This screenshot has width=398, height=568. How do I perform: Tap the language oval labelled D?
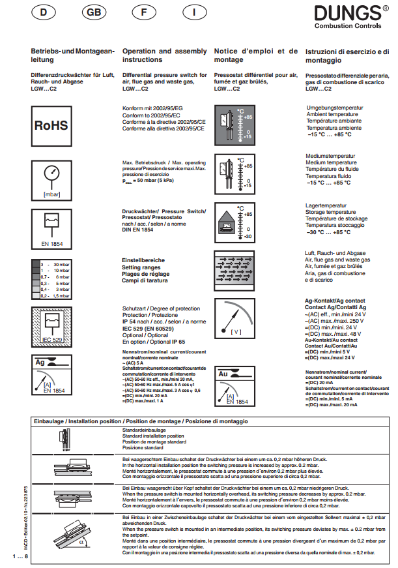tap(45, 13)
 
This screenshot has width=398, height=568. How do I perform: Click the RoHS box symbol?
tap(51, 125)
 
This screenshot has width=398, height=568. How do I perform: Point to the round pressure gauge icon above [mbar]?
tap(51, 175)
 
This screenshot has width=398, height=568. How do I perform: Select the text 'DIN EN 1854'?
tap(137, 230)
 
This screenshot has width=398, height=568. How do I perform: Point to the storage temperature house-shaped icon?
tap(227, 223)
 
